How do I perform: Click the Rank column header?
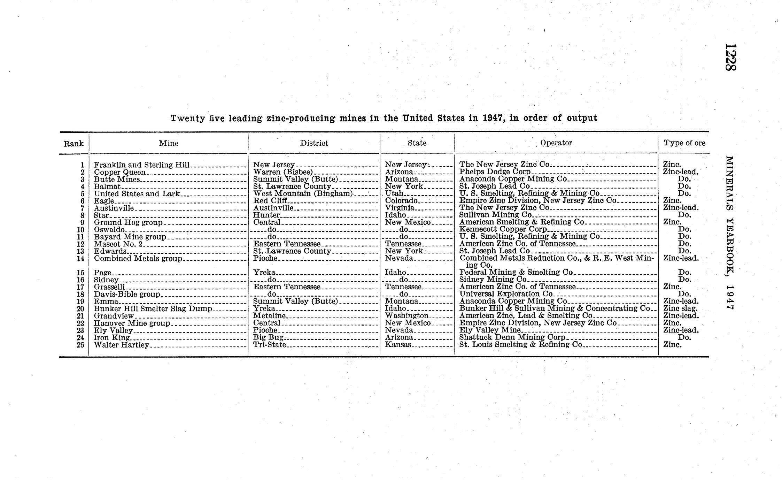coord(73,144)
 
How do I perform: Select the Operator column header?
coord(556,143)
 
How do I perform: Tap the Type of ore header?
coord(684,143)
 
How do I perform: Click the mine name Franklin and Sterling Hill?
coord(142,165)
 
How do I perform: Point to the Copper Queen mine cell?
coord(120,172)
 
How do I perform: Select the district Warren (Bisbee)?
coord(283,172)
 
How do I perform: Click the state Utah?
coord(394,193)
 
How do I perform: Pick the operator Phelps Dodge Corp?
coord(495,172)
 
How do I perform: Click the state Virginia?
coord(400,208)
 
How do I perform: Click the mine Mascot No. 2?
coord(118,244)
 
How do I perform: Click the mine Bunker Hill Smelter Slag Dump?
coord(153,309)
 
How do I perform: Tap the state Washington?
coord(407,316)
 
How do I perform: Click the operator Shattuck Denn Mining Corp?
coord(512,337)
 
